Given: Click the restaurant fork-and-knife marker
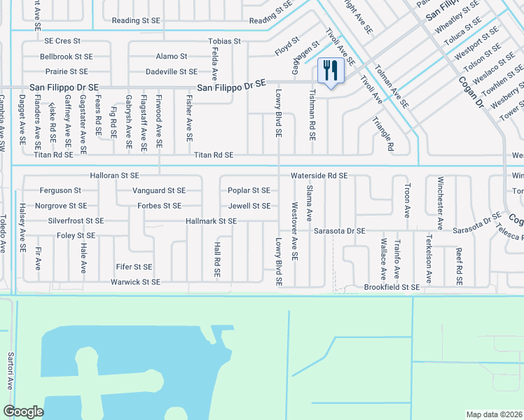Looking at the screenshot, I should [330, 70].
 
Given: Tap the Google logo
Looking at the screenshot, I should [24, 412].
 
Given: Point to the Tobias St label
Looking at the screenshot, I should [224, 41].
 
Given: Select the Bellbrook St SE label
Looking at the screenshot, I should [67, 56].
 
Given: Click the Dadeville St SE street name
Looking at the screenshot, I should [172, 71].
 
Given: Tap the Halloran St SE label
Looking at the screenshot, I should [114, 175].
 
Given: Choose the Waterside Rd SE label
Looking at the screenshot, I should [319, 175].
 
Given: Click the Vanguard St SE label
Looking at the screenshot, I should [159, 190].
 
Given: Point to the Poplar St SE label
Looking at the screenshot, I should [249, 190].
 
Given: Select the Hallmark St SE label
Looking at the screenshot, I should [211, 221].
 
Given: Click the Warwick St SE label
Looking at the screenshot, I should [135, 282].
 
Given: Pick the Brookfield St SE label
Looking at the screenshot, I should [392, 287].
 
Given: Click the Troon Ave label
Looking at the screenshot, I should [407, 201].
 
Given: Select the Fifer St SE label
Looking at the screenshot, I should [134, 267].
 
